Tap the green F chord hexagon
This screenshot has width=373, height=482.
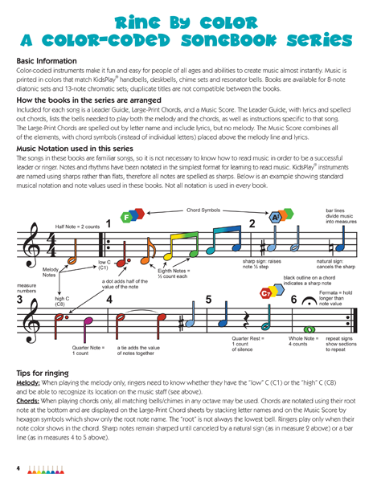[126, 218]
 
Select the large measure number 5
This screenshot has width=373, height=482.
[209, 300]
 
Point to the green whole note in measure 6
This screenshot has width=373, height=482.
[309, 329]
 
